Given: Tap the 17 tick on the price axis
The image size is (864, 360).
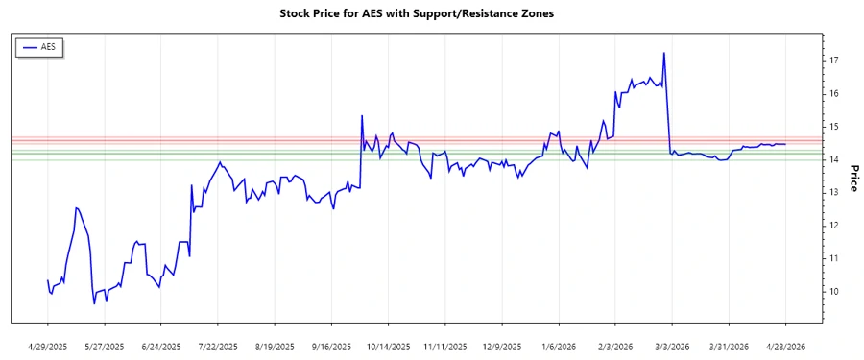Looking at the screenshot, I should (x=835, y=60).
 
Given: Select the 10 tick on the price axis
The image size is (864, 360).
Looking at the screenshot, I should (x=835, y=292).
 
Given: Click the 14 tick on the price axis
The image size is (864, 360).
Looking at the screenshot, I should (x=835, y=159).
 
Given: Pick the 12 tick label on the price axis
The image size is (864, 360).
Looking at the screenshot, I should (x=835, y=226).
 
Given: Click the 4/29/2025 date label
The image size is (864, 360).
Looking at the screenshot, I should (x=47, y=347).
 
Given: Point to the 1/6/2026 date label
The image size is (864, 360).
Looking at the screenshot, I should (x=559, y=347).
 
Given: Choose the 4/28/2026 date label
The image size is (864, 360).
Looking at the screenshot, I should (x=786, y=347).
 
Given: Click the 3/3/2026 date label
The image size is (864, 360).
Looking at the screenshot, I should (x=672, y=347).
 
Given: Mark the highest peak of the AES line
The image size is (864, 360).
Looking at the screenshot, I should (x=663, y=53).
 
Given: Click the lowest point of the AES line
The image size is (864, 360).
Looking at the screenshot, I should (x=94, y=303).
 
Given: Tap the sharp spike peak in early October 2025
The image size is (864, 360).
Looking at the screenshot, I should (x=362, y=116).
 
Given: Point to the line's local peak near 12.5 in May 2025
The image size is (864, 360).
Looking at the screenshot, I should (x=76, y=207).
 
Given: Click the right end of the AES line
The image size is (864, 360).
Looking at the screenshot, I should (x=786, y=144).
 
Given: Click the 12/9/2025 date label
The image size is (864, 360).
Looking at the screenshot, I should (x=502, y=347).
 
